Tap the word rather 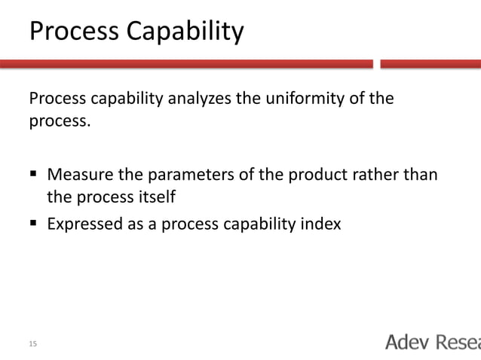click(374, 176)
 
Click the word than click(421, 176)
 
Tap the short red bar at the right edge click(430, 64)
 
